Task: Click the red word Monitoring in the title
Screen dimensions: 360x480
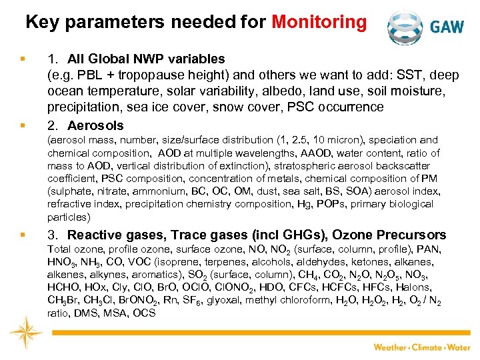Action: click(x=319, y=23)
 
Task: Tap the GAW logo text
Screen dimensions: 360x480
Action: click(x=447, y=27)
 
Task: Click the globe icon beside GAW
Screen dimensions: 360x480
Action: click(x=405, y=27)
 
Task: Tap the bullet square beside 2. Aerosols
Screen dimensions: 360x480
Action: click(x=23, y=125)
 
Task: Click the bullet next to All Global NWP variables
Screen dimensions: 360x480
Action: click(x=23, y=59)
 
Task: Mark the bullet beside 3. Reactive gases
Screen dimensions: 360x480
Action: click(x=23, y=235)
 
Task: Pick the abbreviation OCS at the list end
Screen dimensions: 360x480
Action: click(x=143, y=313)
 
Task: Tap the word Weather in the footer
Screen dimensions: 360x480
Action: click(x=390, y=347)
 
